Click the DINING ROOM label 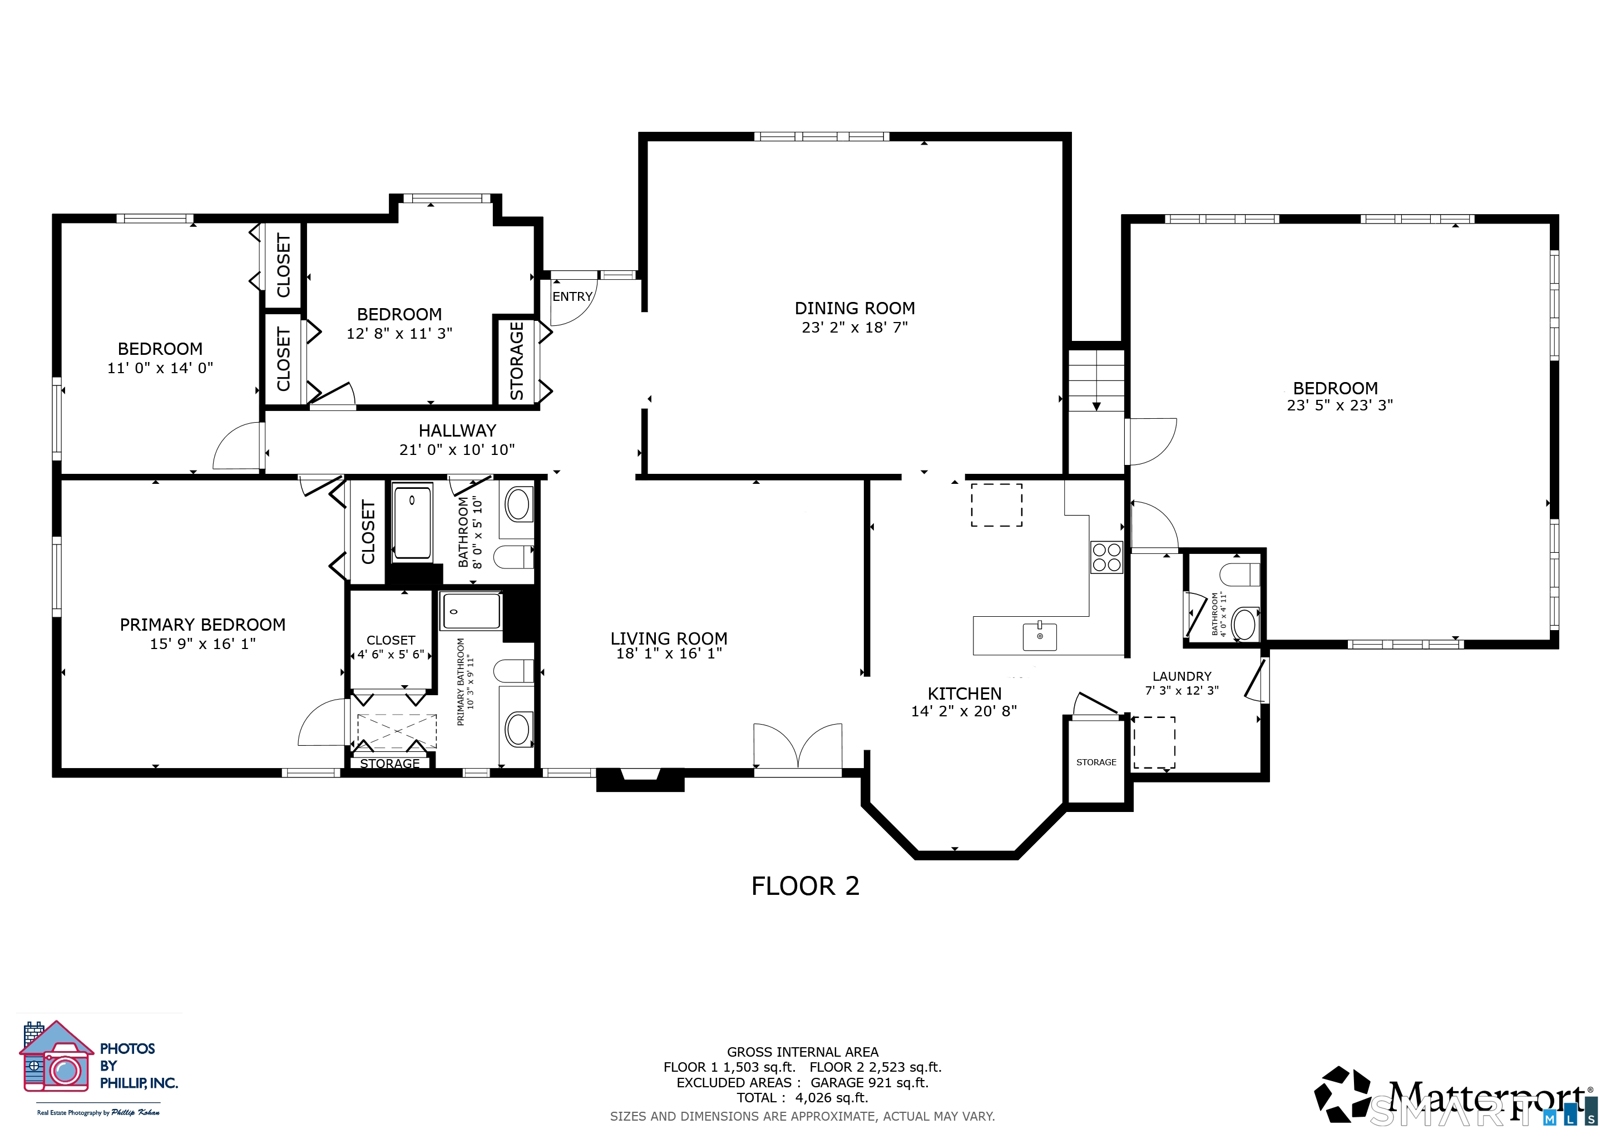click(x=854, y=309)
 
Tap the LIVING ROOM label click(x=669, y=638)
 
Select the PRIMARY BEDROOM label click(x=203, y=625)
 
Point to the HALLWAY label click(x=457, y=430)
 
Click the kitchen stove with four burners click(x=1106, y=558)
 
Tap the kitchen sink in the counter click(x=1040, y=636)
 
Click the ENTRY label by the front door click(x=572, y=296)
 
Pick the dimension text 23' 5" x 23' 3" click(x=1340, y=405)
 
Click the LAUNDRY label click(x=1182, y=676)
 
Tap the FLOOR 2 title click(x=805, y=887)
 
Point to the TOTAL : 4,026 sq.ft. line click(x=803, y=1098)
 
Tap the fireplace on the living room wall click(x=640, y=780)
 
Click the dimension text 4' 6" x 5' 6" click(x=391, y=655)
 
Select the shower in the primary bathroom click(x=470, y=611)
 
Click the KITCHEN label click(x=965, y=694)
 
